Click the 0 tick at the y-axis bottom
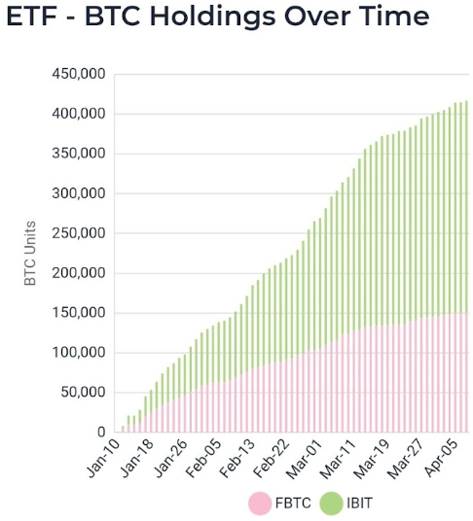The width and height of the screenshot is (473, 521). (x=99, y=433)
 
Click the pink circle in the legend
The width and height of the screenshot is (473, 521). (x=259, y=504)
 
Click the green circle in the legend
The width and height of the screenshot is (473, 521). (x=332, y=504)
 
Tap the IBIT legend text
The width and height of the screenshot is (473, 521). (x=361, y=504)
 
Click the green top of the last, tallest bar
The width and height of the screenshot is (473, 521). (x=465, y=103)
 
